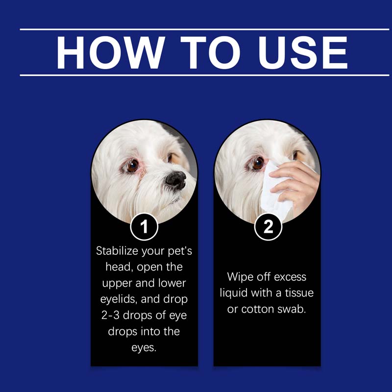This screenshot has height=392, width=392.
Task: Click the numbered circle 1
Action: [144, 227]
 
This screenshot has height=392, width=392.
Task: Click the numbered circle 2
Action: [268, 227]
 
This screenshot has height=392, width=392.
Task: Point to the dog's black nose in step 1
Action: [175, 180]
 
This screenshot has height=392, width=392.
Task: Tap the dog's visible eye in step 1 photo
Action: [132, 166]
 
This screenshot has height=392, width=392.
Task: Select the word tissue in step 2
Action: [297, 293]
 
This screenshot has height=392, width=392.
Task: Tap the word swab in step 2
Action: [293, 309]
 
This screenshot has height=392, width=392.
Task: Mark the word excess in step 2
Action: [290, 277]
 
